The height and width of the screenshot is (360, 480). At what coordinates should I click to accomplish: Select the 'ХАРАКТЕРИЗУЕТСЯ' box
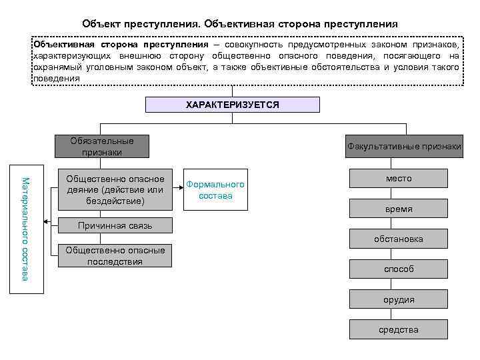[232, 105]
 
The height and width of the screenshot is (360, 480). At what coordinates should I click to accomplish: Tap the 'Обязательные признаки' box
[102, 146]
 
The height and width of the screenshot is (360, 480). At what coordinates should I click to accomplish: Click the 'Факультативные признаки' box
[403, 146]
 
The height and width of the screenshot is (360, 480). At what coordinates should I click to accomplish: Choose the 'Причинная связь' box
[115, 225]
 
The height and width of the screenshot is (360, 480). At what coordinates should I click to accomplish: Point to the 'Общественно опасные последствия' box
[115, 256]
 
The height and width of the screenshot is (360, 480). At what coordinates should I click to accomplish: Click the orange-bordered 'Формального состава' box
[215, 189]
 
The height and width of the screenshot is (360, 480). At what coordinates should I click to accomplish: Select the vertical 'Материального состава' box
[26, 228]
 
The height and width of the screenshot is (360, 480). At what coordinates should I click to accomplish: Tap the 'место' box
[399, 178]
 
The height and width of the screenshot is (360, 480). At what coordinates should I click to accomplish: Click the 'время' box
[399, 209]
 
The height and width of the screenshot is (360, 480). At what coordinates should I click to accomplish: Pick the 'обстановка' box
[399, 239]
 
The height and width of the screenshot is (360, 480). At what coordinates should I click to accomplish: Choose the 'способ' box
[399, 269]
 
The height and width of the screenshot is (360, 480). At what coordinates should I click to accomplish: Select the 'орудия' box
[399, 299]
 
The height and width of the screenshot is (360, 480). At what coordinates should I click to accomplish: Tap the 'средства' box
[399, 329]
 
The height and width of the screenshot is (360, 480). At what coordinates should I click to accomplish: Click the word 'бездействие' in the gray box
[115, 200]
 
